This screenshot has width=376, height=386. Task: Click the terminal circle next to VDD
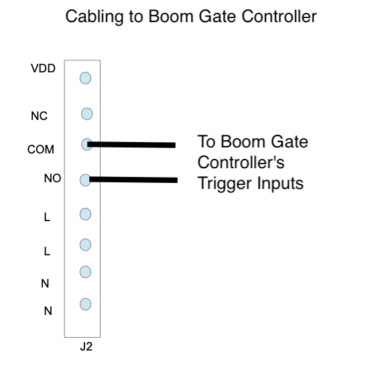coord(85,78)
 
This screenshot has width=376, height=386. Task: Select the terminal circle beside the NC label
coord(87,114)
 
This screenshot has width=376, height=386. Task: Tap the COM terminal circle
coord(86,145)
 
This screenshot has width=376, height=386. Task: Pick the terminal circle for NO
coord(85,180)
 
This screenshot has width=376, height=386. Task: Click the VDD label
coord(43,68)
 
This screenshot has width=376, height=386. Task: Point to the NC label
coord(39,116)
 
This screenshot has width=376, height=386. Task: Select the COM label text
coord(41,149)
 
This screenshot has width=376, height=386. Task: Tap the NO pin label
coord(52,178)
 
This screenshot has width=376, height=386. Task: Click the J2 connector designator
coord(86,346)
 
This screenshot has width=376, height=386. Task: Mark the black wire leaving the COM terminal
coord(131,145)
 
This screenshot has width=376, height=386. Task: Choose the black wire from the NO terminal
coord(133,180)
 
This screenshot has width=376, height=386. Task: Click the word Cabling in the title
coord(95,17)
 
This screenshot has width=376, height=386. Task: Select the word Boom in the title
coord(171,17)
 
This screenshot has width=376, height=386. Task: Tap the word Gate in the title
coord(218,17)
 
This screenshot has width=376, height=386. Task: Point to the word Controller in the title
coord(279,17)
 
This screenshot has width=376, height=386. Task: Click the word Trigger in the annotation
coord(225,184)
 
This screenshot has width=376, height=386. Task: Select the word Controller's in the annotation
coord(241,162)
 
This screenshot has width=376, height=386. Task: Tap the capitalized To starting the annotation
coord(206,141)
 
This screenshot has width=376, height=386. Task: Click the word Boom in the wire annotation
coord(243,141)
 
